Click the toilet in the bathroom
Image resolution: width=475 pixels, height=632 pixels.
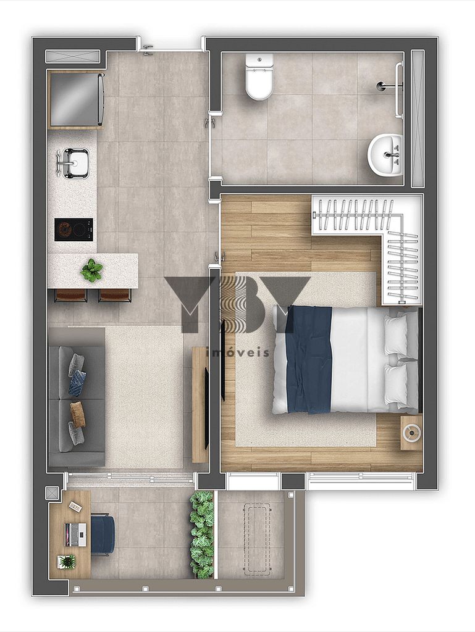[259, 77]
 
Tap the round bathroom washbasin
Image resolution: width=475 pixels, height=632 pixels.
[385, 155]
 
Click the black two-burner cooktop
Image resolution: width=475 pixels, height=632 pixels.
[74, 230]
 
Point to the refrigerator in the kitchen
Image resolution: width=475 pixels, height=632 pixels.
[75, 99]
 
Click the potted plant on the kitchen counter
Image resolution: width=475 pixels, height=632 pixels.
[91, 270]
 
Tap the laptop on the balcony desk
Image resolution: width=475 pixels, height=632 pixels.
[76, 534]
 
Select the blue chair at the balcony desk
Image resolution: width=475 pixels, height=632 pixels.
[103, 534]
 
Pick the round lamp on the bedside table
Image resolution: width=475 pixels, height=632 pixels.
[412, 433]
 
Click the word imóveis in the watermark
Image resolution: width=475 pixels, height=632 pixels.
[237, 352]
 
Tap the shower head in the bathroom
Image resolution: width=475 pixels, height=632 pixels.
[382, 85]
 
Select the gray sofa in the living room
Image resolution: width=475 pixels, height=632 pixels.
[76, 397]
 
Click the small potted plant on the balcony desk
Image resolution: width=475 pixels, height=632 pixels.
[66, 562]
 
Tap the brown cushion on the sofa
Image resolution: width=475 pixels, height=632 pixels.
[78, 414]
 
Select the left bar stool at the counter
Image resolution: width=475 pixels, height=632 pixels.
[70, 296]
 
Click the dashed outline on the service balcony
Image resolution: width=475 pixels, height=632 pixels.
[254, 538]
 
